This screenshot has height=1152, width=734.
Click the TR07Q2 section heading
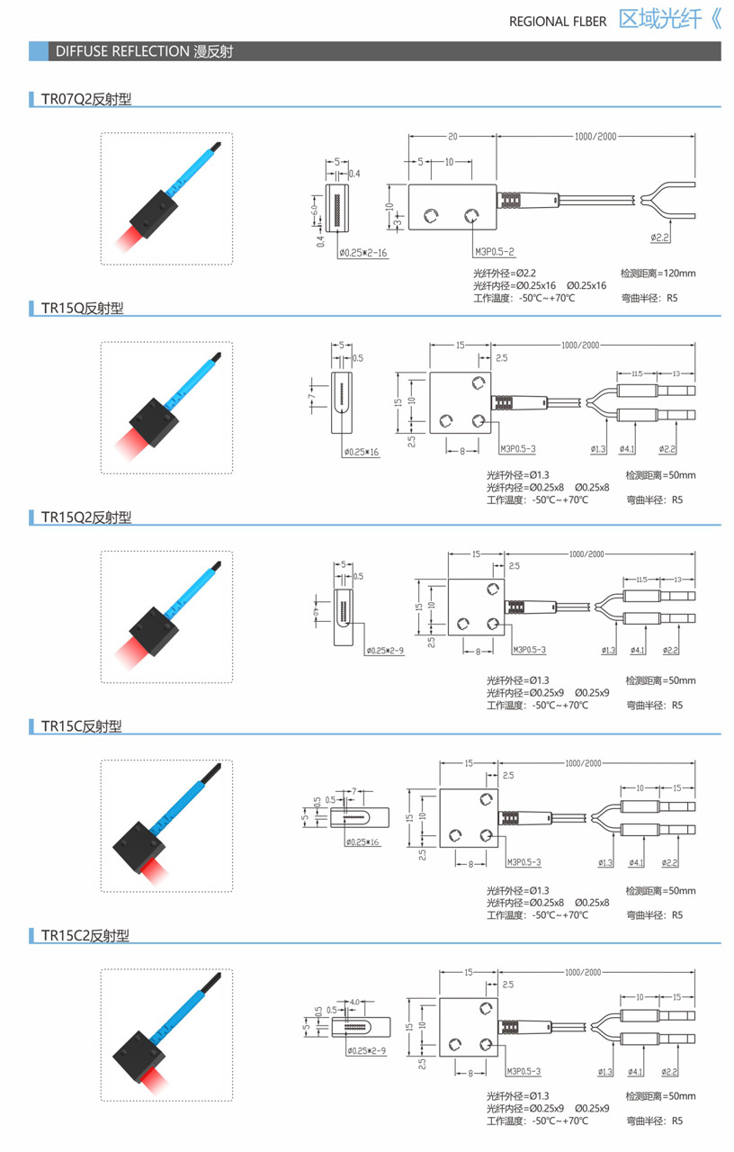pos(85,99)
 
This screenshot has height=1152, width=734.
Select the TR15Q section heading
pos(82,309)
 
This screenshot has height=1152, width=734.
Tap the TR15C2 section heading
pos(85,936)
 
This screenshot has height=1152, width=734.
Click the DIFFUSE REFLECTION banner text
pos(144,51)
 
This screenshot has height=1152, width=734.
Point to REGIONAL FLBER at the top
pos(558,22)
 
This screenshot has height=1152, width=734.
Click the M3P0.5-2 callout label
pos(494,253)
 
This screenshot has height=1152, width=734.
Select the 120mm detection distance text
pos(658,274)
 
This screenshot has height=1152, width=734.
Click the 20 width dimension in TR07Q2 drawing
pos(452,137)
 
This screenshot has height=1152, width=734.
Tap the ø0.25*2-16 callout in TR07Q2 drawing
pos(363,254)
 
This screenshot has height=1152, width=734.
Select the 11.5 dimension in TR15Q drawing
pos(636,373)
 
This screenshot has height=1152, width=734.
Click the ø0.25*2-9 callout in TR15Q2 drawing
pos(384,650)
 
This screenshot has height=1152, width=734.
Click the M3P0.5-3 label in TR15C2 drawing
pos(524,1072)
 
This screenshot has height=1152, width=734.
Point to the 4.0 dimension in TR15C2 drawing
pos(354,1001)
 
